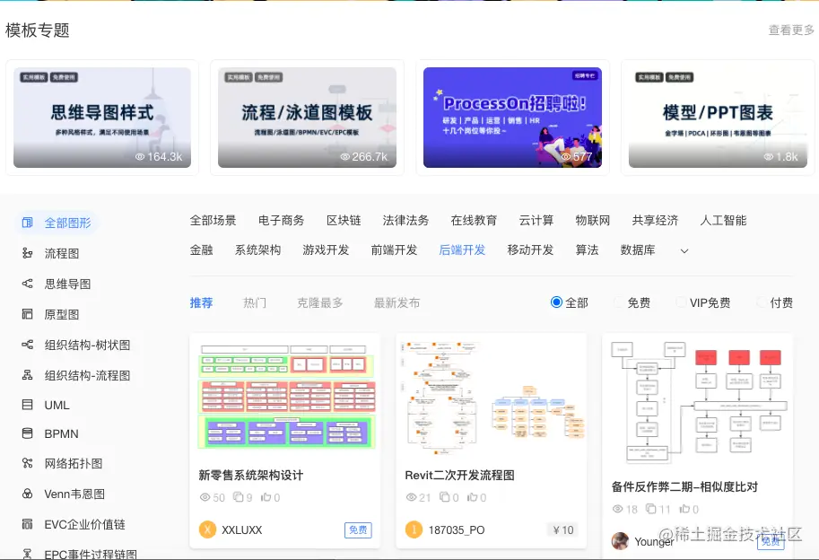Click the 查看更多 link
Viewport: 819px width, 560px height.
click(790, 31)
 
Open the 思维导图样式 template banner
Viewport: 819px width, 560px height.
click(102, 118)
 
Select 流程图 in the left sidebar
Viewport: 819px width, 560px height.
click(62, 254)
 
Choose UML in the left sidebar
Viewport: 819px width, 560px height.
click(57, 405)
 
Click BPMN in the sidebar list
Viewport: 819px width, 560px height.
click(61, 434)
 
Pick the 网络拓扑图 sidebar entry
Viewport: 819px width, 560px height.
click(74, 464)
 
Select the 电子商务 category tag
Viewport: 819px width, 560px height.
click(281, 221)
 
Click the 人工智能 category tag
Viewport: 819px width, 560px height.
click(723, 221)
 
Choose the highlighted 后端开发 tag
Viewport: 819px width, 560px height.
click(462, 250)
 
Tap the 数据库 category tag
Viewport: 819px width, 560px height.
click(638, 250)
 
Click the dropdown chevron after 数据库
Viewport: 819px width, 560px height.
click(684, 251)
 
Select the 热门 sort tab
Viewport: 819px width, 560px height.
click(255, 303)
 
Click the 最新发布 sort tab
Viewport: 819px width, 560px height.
click(396, 303)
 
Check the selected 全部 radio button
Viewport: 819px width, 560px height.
click(556, 302)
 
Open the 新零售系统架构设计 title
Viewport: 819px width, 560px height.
click(251, 476)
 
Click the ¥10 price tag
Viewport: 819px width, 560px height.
click(562, 530)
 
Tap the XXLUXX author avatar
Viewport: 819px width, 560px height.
click(207, 529)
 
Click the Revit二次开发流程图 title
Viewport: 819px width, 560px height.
click(460, 476)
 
